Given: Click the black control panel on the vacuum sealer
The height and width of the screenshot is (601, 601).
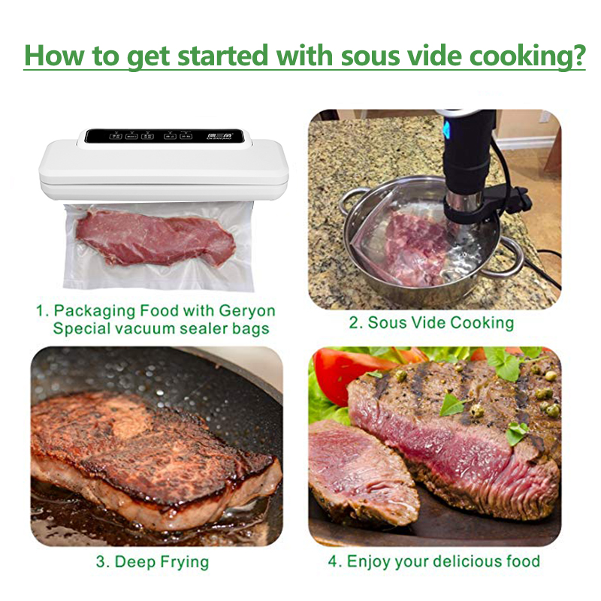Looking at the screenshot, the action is pos(165,136).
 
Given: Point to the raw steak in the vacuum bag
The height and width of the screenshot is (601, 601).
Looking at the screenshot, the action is pos(155,237).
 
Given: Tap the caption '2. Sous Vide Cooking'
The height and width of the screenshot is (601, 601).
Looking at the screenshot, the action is pos(431,323).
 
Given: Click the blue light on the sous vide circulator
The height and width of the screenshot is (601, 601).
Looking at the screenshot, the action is pos(446,131).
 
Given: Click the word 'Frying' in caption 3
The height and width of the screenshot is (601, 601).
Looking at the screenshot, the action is pos(185,562).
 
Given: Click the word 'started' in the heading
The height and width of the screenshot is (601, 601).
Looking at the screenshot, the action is pos(223,56).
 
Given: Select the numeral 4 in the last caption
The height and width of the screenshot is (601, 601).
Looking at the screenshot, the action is pos(333,561).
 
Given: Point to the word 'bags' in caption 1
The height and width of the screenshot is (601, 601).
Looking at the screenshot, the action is pos(251,330).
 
